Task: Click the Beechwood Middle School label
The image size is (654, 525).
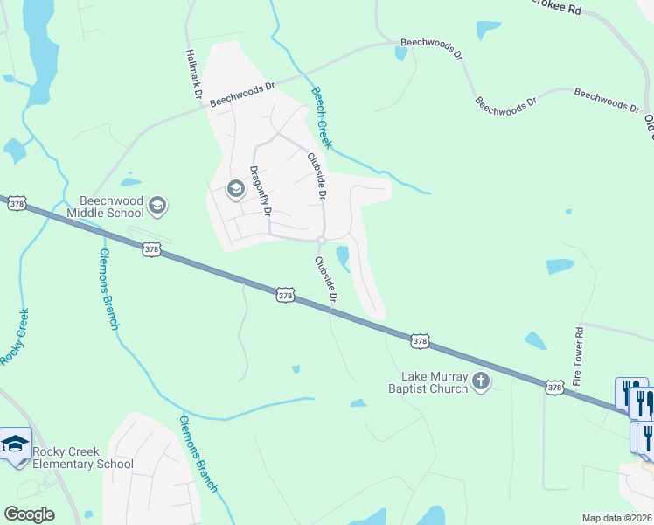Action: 111,206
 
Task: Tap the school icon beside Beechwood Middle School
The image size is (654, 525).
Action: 157,206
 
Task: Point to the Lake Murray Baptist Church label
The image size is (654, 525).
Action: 428,383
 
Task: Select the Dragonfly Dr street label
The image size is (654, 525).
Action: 261,190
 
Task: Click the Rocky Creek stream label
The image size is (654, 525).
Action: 15,337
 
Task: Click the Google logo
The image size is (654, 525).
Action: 28,514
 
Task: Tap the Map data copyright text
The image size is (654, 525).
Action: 616,518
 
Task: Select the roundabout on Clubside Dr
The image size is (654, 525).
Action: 322,240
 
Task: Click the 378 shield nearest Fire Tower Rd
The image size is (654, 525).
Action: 553,386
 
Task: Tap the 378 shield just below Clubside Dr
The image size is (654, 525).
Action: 285,296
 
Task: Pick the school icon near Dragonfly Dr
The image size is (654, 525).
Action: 234,188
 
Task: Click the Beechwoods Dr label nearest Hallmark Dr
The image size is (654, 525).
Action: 241,94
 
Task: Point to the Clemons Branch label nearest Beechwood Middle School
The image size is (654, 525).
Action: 108,288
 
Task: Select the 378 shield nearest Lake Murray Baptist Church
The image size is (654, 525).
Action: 420,340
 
